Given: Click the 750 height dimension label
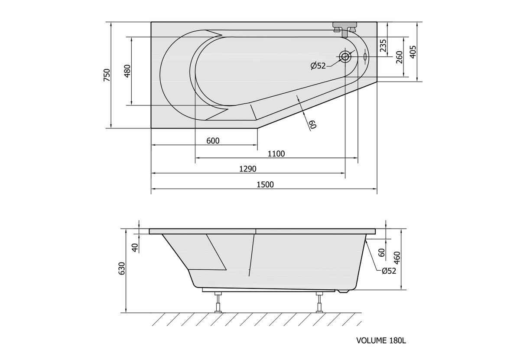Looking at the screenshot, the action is [x=107, y=75].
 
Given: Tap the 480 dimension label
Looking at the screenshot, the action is [x=127, y=71].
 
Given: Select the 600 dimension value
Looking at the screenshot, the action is [x=213, y=141].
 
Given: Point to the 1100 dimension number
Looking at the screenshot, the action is [x=276, y=154].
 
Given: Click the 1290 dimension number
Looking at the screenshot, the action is [x=248, y=169].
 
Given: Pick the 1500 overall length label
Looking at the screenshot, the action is [x=265, y=184].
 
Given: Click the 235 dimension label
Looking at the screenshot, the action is [x=383, y=46].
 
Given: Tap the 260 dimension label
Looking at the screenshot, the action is [x=399, y=57].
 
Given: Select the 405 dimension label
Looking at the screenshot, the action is [x=413, y=52].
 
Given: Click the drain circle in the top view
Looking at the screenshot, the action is [x=345, y=57].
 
